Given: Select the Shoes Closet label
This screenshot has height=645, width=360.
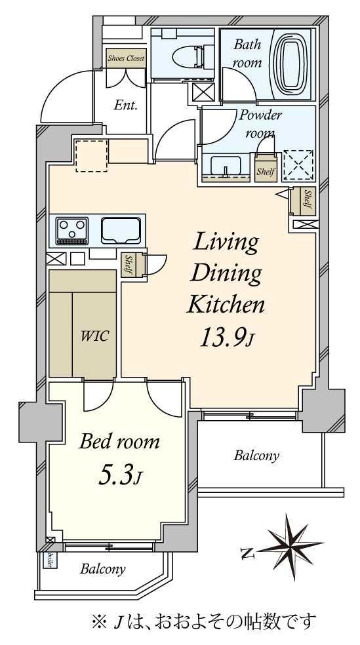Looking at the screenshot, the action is click(126, 58).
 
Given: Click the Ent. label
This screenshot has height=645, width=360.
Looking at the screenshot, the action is click(125, 106).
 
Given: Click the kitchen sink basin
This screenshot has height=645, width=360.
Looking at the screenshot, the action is click(121, 231).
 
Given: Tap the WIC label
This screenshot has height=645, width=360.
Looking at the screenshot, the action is click(94, 336).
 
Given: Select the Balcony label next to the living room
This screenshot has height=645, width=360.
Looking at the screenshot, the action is click(256, 456).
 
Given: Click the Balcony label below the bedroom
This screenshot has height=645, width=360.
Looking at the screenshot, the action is click(102, 570).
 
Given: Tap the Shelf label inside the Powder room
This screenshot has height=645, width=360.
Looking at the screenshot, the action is click(266, 171).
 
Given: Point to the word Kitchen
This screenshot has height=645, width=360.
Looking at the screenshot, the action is click(226, 305).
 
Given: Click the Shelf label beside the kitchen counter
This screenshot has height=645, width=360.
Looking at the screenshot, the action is click(128, 265).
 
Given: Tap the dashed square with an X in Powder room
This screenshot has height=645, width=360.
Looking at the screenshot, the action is click(299, 165).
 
